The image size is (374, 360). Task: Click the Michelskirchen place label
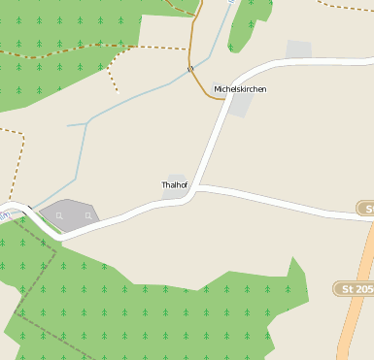pos(240,89)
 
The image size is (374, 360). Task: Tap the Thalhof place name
pos(176,184)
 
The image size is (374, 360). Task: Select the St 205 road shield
pos(355,289)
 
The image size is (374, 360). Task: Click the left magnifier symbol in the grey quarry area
pos(59,214)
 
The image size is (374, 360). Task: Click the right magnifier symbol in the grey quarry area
pos(87,214)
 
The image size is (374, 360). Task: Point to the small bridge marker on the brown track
pos(190,68)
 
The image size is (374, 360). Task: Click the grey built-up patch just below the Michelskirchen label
pos(241,104)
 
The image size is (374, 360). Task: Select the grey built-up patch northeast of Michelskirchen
pos(299,49)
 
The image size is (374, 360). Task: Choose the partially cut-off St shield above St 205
pos(365,209)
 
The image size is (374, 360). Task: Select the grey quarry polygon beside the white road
pos(70,215)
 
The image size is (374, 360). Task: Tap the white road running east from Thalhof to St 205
pos(282,201)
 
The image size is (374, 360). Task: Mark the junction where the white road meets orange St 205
pos(370,219)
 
